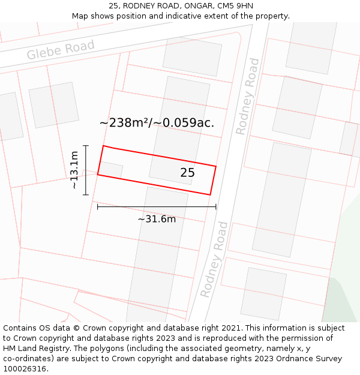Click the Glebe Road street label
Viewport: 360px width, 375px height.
pyautogui.click(x=61, y=50)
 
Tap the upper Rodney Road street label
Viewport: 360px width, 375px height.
pyautogui.click(x=248, y=96)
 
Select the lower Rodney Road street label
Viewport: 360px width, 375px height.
pyautogui.click(x=214, y=259)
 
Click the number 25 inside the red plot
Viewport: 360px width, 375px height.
pyautogui.click(x=187, y=173)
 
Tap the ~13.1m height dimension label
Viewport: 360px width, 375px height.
pyautogui.click(x=74, y=170)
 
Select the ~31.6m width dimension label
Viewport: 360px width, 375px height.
pyautogui.click(x=157, y=219)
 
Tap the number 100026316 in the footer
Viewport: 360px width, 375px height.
pyautogui.click(x=24, y=368)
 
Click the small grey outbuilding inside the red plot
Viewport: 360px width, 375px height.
pyautogui.click(x=111, y=170)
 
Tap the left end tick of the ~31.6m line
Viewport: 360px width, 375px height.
pyautogui.click(x=98, y=207)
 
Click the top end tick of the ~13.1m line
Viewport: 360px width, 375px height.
pyautogui.click(x=86, y=146)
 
